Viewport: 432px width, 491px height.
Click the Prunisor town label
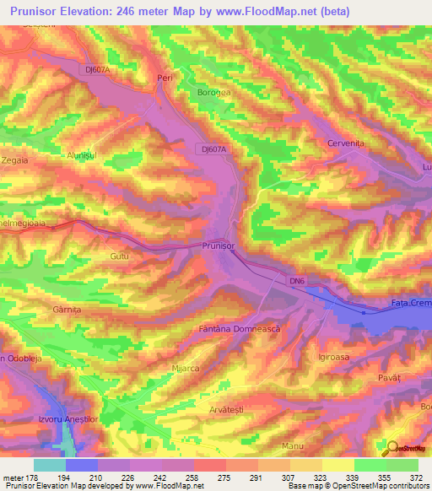(218, 245)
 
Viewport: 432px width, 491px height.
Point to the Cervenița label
(344, 144)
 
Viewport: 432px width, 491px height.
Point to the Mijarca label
(184, 369)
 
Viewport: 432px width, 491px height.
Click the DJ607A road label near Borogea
(216, 148)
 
